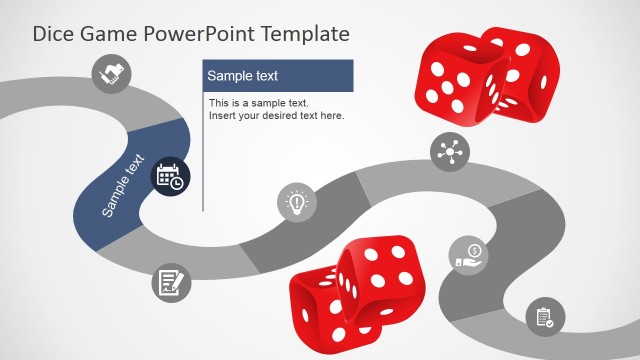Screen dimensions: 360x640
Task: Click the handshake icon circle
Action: point(112,73)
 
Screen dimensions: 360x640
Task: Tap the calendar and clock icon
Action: point(170,177)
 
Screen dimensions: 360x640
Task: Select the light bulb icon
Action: point(296,202)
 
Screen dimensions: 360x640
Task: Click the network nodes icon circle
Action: point(450,152)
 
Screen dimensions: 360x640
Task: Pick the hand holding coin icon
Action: point(469,255)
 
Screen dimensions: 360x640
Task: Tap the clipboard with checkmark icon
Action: point(545,318)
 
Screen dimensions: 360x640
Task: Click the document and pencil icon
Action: point(171,282)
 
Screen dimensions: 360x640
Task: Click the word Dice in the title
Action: point(53,34)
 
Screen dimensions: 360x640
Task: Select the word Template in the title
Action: point(305,34)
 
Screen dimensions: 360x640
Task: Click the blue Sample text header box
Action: point(278,76)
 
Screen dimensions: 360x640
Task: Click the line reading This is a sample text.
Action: point(259,103)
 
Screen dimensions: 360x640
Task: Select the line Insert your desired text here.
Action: point(276,116)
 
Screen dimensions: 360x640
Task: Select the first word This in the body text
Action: point(219,103)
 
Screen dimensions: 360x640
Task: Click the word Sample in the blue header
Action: point(228,76)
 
